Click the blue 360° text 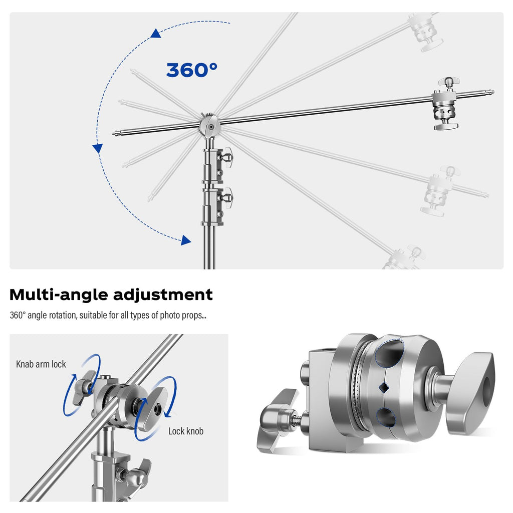(192, 70)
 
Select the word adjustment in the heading (163, 295)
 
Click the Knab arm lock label (41, 364)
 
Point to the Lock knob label (186, 431)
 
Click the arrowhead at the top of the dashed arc (156, 33)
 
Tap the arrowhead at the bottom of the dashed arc (186, 240)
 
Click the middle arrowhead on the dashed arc (98, 148)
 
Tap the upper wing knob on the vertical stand (227, 157)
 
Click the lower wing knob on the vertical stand (227, 198)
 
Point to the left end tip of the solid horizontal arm (114, 133)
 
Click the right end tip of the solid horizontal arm (492, 92)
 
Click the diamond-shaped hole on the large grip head (384, 388)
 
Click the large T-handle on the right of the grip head (470, 392)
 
